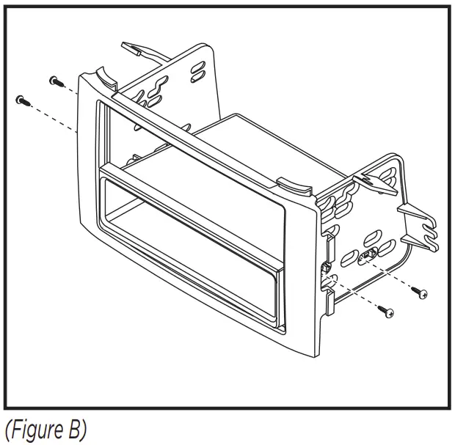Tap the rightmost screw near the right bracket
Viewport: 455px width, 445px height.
421,293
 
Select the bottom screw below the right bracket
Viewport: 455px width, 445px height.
386,312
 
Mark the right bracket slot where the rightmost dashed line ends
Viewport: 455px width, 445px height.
365,257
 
